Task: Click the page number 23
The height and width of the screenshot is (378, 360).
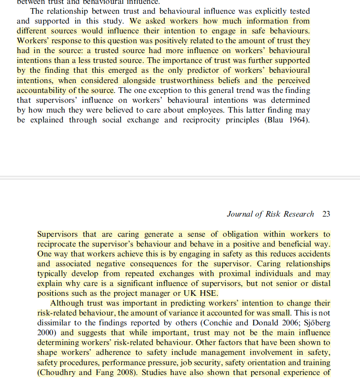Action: coord(326,214)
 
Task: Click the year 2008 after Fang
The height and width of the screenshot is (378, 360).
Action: coord(119,372)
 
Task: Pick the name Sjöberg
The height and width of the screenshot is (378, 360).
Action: coord(315,323)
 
